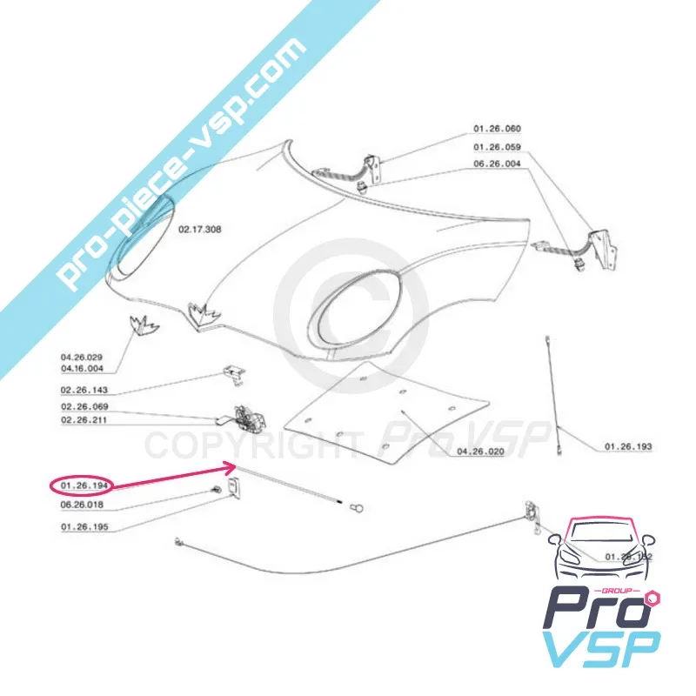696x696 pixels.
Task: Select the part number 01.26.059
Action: click(497, 146)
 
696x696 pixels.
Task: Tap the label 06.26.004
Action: click(497, 163)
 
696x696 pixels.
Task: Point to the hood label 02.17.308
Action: click(200, 231)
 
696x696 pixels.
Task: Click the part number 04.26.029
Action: click(82, 358)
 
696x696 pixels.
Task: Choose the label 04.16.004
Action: click(82, 369)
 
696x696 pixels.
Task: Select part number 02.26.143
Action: click(84, 391)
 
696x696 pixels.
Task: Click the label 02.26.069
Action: click(84, 408)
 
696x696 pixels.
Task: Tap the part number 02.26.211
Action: click(84, 421)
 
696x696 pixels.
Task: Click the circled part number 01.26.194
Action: click(81, 484)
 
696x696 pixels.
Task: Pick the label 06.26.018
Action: click(82, 504)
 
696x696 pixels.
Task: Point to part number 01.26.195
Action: click(84, 527)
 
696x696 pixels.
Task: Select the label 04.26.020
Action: click(480, 452)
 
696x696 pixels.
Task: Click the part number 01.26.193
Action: click(628, 447)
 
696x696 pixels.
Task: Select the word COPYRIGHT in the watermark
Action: click(251, 445)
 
